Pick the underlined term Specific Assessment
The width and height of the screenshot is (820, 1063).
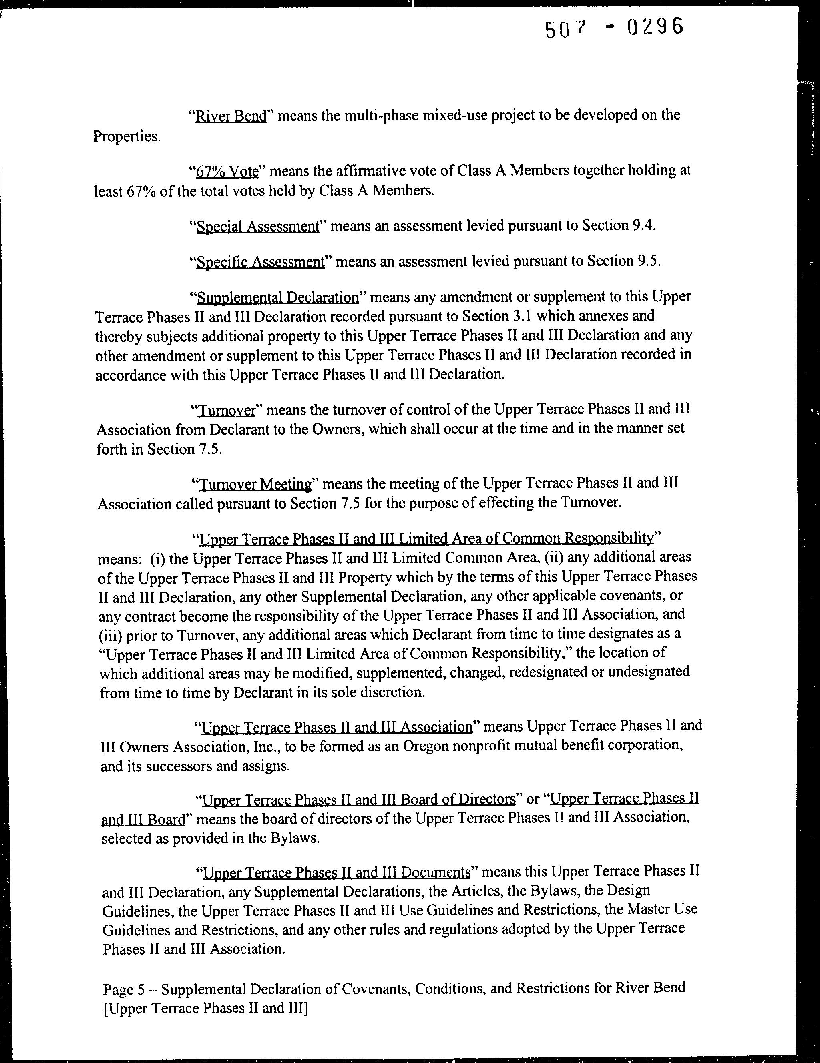click(259, 262)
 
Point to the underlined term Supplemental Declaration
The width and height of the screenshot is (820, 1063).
click(277, 297)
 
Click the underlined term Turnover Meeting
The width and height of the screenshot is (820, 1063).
click(255, 485)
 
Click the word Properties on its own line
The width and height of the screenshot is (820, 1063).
click(127, 137)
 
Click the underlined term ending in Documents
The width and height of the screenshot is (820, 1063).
click(336, 872)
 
